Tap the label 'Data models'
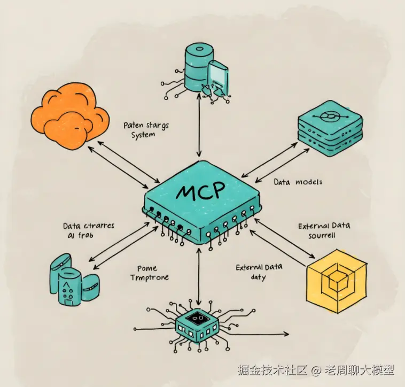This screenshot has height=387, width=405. coord(298,182)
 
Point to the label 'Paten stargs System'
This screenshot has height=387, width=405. coord(146,130)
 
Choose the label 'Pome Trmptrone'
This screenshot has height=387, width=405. coord(148,273)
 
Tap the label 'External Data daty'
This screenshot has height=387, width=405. coord(259,272)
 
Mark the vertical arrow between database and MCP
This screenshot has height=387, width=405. coord(199,129)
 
